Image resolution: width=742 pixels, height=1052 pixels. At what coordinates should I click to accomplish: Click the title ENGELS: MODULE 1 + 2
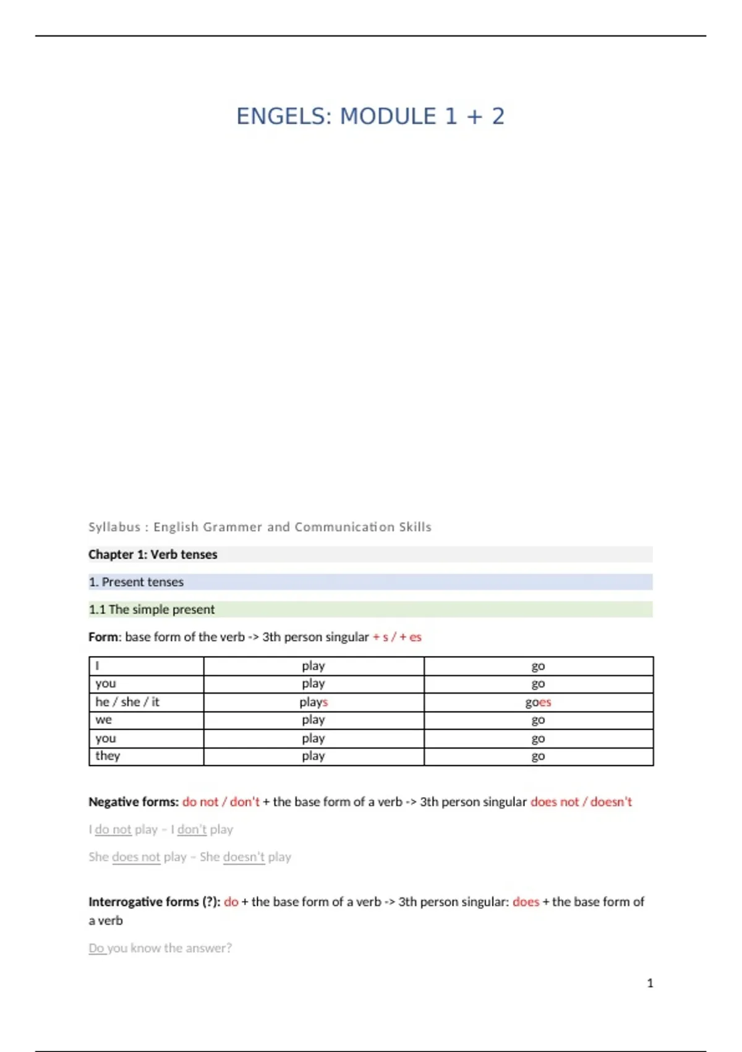click(x=370, y=116)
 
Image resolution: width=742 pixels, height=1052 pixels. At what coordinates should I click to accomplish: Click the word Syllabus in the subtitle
click(x=114, y=527)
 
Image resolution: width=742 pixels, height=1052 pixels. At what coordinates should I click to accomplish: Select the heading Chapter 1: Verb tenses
click(x=153, y=554)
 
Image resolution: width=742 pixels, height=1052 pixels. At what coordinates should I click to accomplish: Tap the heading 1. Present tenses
click(x=136, y=582)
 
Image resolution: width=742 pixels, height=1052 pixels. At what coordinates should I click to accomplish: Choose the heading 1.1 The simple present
click(x=151, y=610)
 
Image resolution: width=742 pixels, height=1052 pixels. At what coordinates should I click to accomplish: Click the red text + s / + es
click(x=397, y=637)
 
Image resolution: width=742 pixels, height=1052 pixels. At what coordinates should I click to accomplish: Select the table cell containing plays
click(x=313, y=702)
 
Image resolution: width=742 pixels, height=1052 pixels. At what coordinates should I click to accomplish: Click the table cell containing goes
click(x=538, y=702)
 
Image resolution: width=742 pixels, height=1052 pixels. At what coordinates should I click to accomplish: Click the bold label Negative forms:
click(x=134, y=802)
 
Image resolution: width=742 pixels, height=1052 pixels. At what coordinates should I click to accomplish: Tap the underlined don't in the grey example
click(x=192, y=829)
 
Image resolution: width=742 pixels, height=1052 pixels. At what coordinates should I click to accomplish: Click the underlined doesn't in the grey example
click(x=244, y=857)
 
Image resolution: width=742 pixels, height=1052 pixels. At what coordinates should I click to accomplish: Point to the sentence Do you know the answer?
click(x=160, y=948)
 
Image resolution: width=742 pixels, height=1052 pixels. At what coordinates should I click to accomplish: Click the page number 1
click(x=650, y=983)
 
